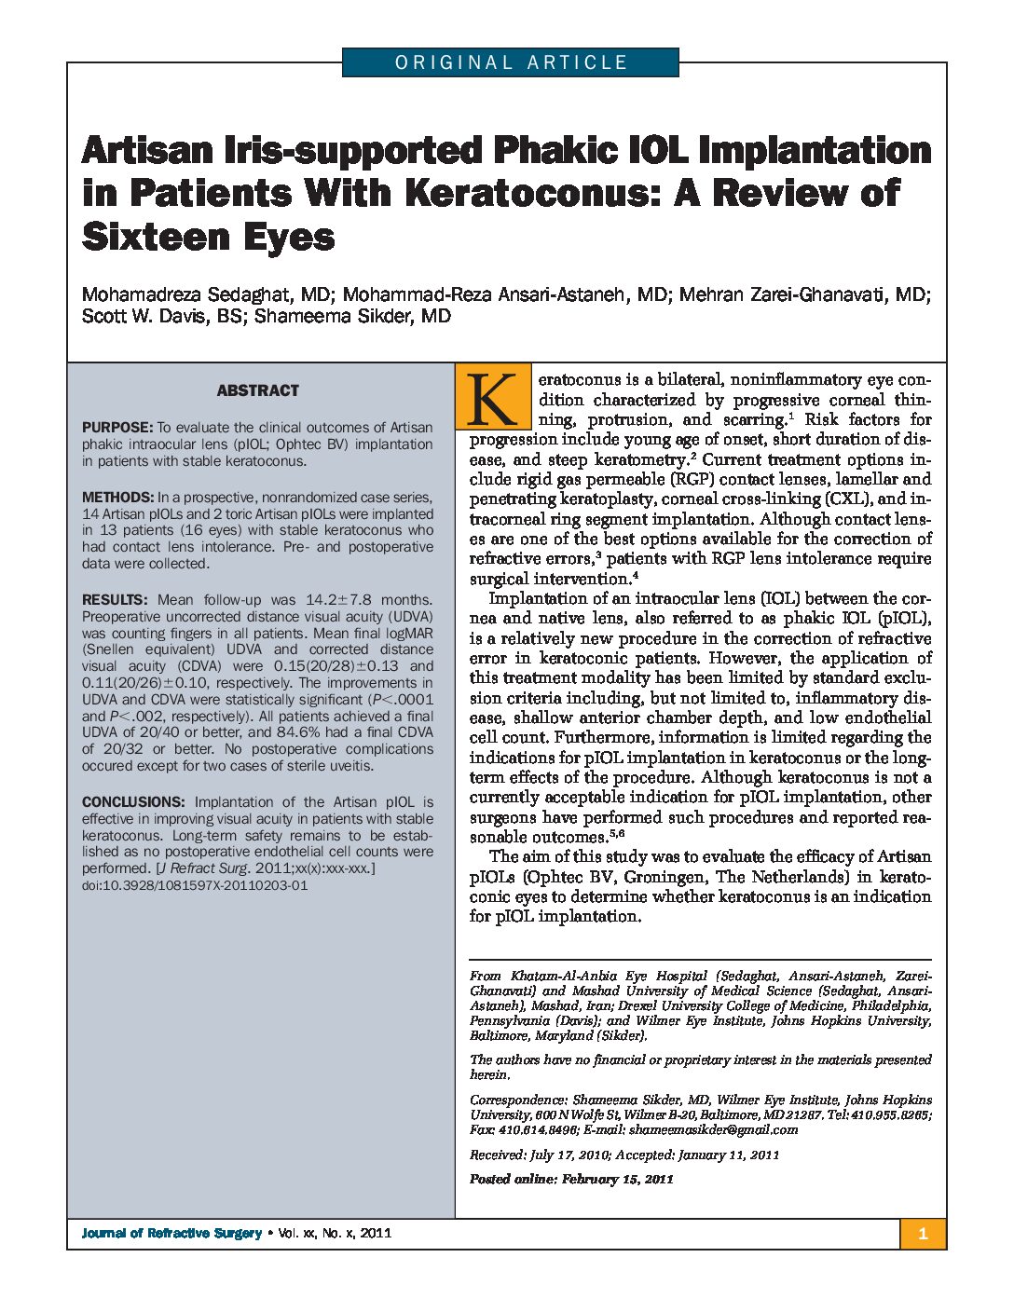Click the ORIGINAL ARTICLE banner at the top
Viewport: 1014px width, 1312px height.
(511, 62)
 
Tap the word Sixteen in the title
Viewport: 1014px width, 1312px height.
(149, 237)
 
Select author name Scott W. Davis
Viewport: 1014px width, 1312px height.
(149, 316)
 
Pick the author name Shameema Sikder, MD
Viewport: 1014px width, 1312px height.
(352, 316)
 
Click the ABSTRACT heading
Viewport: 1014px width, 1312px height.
(258, 390)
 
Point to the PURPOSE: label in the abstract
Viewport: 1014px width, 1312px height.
(116, 428)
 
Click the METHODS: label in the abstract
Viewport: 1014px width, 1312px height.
(117, 498)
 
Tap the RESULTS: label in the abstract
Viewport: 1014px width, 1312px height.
(115, 600)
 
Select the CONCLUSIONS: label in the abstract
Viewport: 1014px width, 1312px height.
(133, 802)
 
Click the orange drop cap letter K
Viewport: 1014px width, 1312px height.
(490, 397)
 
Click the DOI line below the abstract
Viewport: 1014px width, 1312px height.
(195, 885)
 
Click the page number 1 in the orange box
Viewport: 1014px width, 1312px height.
(923, 1234)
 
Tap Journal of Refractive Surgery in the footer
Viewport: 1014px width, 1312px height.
(171, 1234)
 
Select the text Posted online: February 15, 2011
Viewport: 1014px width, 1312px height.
(571, 1179)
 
